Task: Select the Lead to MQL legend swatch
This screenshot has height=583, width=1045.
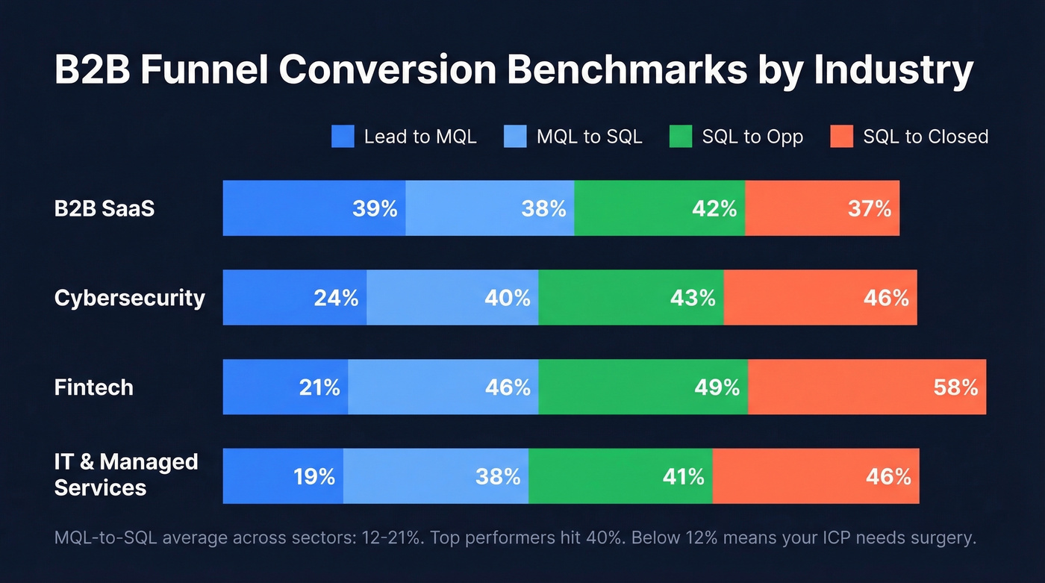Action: point(343,137)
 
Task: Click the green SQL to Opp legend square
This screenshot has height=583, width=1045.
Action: point(681,137)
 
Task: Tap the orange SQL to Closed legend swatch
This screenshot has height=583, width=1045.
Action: point(841,137)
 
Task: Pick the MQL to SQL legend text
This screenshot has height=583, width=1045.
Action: point(589,137)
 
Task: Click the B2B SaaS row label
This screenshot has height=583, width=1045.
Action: point(104,208)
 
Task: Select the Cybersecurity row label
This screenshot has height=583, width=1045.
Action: point(129,298)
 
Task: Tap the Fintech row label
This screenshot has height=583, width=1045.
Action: point(94,387)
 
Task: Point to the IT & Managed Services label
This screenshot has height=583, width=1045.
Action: point(125,475)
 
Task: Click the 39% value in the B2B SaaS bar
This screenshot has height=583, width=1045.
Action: point(375,208)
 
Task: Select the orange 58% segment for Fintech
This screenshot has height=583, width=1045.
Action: point(866,387)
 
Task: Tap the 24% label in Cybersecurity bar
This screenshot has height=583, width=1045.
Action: point(336,298)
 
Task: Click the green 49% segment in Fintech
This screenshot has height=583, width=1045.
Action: point(643,387)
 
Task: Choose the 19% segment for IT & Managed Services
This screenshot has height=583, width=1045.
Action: point(284,476)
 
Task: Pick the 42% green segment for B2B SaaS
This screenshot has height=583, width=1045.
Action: point(660,208)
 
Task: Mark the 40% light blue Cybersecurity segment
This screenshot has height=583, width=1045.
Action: point(452,298)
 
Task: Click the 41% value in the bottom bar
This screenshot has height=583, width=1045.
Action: point(684,476)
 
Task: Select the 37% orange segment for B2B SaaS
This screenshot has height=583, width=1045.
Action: point(822,208)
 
